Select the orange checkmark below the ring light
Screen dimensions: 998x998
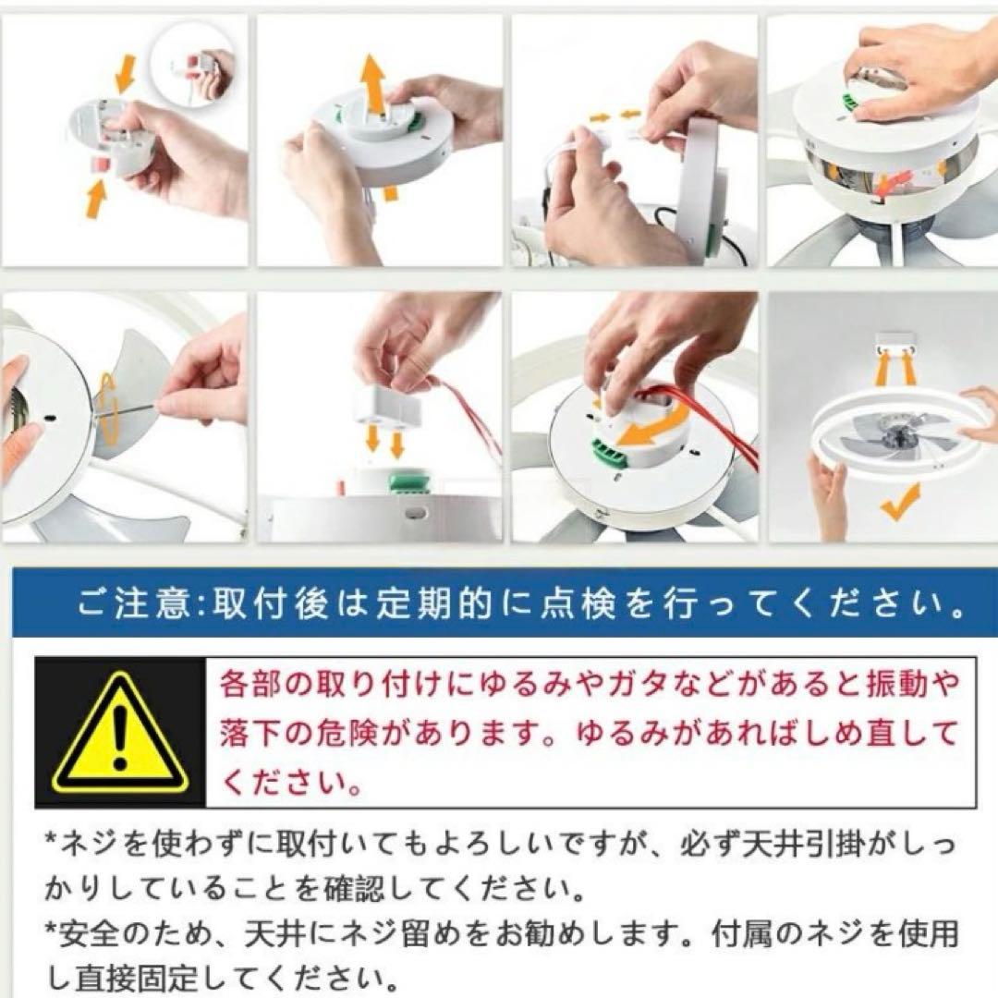tap(900, 502)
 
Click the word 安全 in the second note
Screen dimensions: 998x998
tap(91, 933)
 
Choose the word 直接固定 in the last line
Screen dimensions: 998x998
tap(137, 977)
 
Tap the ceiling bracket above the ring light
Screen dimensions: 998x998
tap(897, 341)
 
